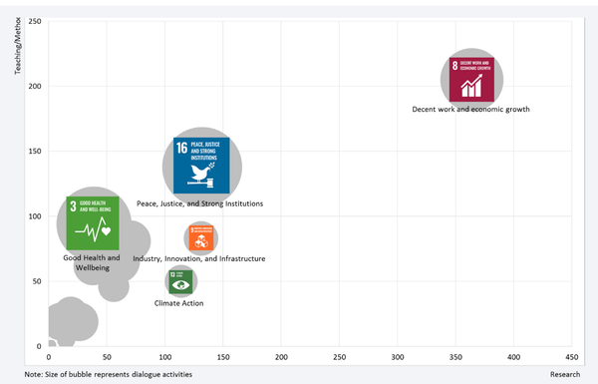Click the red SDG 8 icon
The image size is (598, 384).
[472, 80]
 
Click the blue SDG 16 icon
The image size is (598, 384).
[201, 165]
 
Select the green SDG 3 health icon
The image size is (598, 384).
[93, 223]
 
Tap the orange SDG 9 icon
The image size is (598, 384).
[200, 238]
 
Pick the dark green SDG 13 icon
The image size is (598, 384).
[180, 281]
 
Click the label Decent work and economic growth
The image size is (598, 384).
[470, 109]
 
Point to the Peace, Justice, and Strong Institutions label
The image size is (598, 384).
[199, 203]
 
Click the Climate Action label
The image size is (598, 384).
[179, 302]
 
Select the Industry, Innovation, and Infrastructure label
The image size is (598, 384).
[199, 258]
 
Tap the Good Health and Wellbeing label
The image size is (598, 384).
[92, 263]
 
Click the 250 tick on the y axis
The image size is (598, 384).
[33, 21]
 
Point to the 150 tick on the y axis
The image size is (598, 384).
[33, 152]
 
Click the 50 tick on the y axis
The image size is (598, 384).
[35, 281]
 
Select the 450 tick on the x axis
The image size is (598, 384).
[572, 356]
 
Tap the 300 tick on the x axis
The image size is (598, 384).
[398, 356]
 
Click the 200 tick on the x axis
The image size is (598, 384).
[282, 356]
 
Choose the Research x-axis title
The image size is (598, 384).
[564, 374]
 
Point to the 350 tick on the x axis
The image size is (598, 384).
[456, 356]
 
